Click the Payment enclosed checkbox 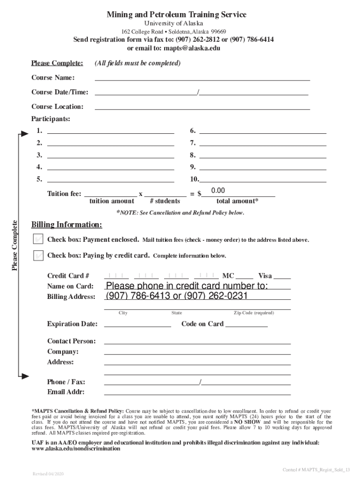pos(39,239)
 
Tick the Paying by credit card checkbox pos(39,255)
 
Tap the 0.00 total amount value pos(218,191)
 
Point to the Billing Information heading pos(66,225)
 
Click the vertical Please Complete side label pos(15,245)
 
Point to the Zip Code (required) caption pos(254,313)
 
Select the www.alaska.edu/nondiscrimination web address pos(76,449)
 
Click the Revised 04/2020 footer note pos(48,474)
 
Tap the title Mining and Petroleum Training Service pos(176,15)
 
